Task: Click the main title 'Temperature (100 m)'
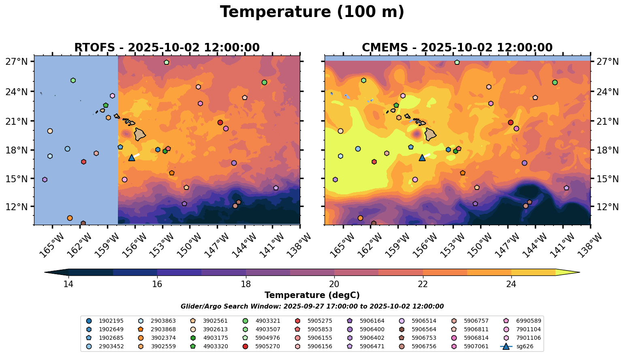coord(312,12)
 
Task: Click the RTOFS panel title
coord(167,48)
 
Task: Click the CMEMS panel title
coord(457,48)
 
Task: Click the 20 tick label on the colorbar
coord(334,284)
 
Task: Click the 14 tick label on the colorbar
coord(68,284)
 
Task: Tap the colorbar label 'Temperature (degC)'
coord(312,296)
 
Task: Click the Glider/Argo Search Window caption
coord(312,307)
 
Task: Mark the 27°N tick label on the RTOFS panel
coord(17,62)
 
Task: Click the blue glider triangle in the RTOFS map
coord(132,158)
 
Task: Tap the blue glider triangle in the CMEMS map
coord(422,158)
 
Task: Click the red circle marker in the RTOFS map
coord(220,122)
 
